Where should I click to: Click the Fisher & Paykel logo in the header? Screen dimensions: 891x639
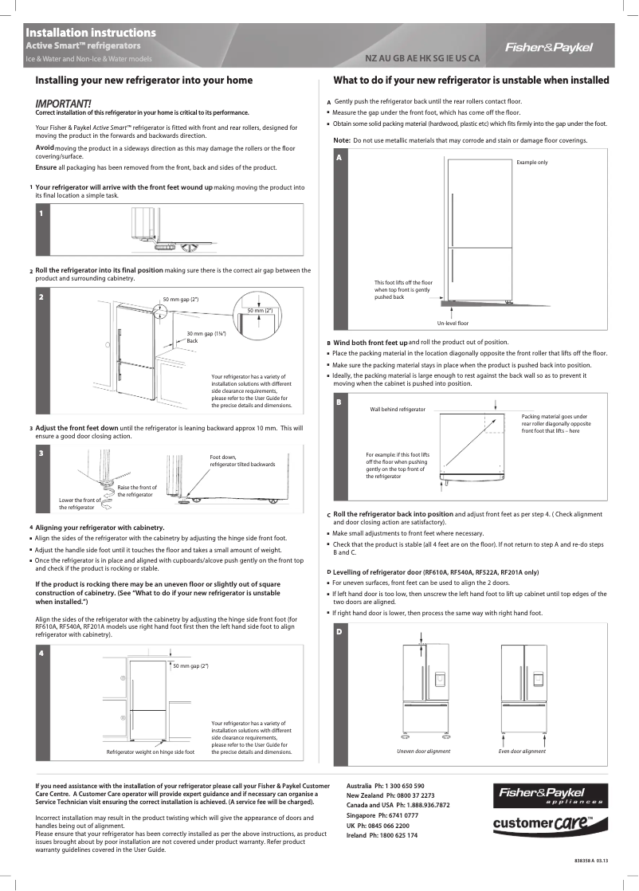[x=549, y=47]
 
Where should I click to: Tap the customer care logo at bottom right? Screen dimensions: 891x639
[x=543, y=822]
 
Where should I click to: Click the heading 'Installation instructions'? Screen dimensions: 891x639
[x=90, y=33]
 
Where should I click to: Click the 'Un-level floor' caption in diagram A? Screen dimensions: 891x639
[x=453, y=323]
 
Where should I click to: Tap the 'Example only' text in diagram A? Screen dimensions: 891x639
[x=531, y=162]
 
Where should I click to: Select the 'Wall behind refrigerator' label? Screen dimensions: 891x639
[x=398, y=409]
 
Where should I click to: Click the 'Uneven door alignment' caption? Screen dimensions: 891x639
[x=423, y=752]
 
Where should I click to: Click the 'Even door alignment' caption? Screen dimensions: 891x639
[x=522, y=752]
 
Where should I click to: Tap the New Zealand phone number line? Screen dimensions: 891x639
[x=390, y=795]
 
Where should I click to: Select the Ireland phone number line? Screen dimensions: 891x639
[x=382, y=834]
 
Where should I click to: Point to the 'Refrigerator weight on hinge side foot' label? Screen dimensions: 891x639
[x=151, y=752]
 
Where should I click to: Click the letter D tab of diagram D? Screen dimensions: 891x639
[x=339, y=632]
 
